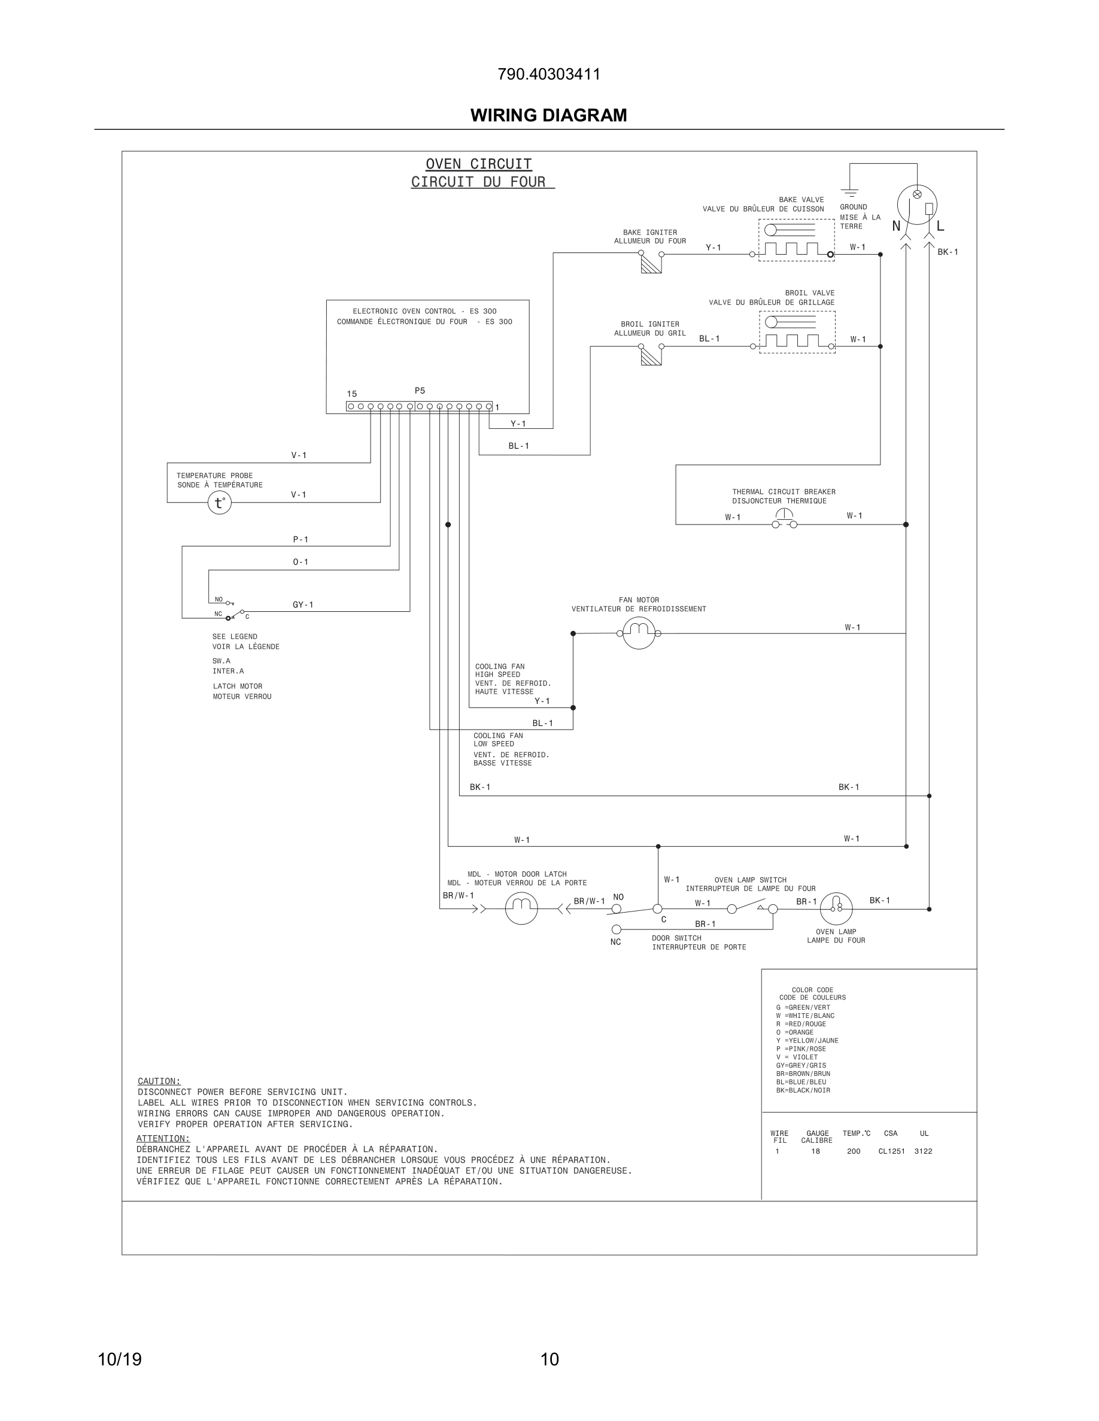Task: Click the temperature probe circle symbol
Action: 220,503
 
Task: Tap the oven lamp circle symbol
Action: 836,908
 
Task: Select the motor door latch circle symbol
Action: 521,908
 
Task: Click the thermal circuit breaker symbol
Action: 785,519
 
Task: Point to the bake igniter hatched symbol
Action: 651,264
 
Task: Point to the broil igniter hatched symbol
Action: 651,356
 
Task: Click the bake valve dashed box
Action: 796,239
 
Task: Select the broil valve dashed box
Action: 797,332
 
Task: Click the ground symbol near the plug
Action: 849,192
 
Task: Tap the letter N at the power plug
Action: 897,227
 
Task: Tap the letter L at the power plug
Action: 940,227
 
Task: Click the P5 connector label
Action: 420,391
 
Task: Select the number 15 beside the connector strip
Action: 351,394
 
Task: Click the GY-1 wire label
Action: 303,605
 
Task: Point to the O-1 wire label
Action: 300,562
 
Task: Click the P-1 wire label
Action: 300,539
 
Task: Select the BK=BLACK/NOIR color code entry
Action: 803,1090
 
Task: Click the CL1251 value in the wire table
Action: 891,1151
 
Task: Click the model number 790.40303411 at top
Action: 549,74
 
